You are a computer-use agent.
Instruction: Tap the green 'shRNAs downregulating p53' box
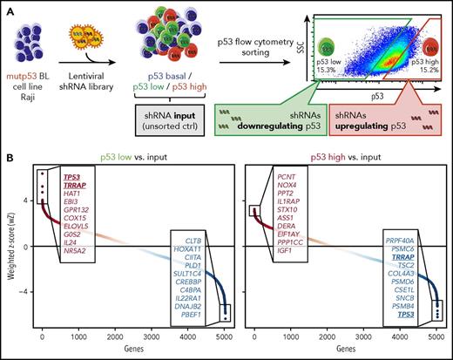tap(287, 114)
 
